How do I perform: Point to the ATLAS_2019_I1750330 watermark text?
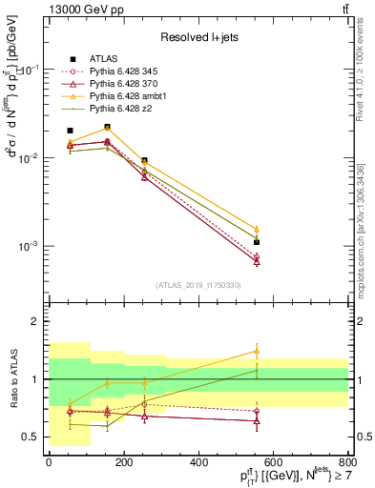click(197, 285)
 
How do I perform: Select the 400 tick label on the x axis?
click(198, 466)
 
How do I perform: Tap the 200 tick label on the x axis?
click(124, 466)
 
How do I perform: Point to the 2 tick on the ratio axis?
click(36, 322)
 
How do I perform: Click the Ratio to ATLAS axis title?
click(11, 379)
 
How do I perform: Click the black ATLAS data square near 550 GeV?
click(257, 242)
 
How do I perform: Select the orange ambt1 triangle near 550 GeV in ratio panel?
click(257, 351)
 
